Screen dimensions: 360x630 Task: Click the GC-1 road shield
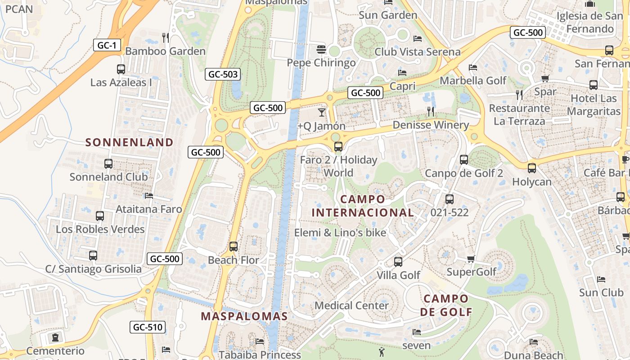[107, 45]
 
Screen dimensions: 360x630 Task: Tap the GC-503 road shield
[223, 74]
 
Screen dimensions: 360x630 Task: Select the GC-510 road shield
[148, 327]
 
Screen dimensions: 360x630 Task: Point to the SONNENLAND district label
[130, 143]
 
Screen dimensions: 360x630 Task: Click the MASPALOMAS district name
[244, 316]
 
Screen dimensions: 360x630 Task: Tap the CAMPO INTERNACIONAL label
[363, 206]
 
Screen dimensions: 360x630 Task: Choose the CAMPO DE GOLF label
[446, 305]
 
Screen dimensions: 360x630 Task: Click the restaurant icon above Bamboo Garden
[166, 37]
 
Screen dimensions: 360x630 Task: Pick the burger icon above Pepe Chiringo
[321, 49]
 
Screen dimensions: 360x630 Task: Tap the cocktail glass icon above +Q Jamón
[322, 112]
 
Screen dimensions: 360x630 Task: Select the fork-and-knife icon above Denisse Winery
[431, 111]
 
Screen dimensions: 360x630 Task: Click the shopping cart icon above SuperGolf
[471, 259]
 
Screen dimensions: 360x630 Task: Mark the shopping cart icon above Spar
[545, 79]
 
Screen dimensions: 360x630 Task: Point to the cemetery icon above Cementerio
[55, 337]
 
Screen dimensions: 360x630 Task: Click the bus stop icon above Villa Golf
[398, 261]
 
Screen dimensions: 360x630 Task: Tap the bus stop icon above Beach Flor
[234, 246]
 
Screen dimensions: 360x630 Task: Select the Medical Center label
[351, 306]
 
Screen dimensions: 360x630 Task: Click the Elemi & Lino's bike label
[340, 233]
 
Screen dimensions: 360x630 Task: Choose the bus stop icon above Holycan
[532, 168]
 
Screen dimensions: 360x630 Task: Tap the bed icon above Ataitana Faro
[149, 196]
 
